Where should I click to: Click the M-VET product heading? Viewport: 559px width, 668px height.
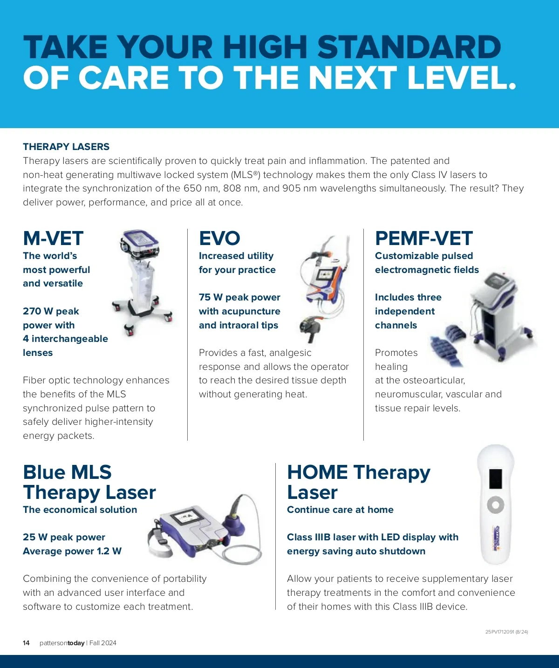pyautogui.click(x=53, y=239)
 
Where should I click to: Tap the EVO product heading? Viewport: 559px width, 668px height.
pyautogui.click(x=219, y=239)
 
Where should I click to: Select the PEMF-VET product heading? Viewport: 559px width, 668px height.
pyautogui.click(x=423, y=239)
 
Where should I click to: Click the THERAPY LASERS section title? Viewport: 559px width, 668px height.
pyautogui.click(x=66, y=147)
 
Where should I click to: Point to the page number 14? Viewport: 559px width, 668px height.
pyautogui.click(x=26, y=643)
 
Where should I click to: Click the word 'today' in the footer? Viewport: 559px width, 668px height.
pyautogui.click(x=76, y=643)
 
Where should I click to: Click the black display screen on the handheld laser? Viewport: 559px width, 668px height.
pyautogui.click(x=496, y=479)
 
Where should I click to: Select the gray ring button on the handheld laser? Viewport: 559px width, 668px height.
pyautogui.click(x=496, y=505)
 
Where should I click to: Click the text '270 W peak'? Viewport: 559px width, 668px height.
pyautogui.click(x=51, y=311)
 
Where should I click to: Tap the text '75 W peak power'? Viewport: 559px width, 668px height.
pyautogui.click(x=239, y=297)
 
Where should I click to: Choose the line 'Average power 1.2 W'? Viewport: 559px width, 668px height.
pyautogui.click(x=72, y=551)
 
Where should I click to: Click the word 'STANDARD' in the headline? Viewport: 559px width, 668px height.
pyautogui.click(x=409, y=47)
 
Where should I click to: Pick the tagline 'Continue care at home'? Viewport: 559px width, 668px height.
pyautogui.click(x=340, y=509)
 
